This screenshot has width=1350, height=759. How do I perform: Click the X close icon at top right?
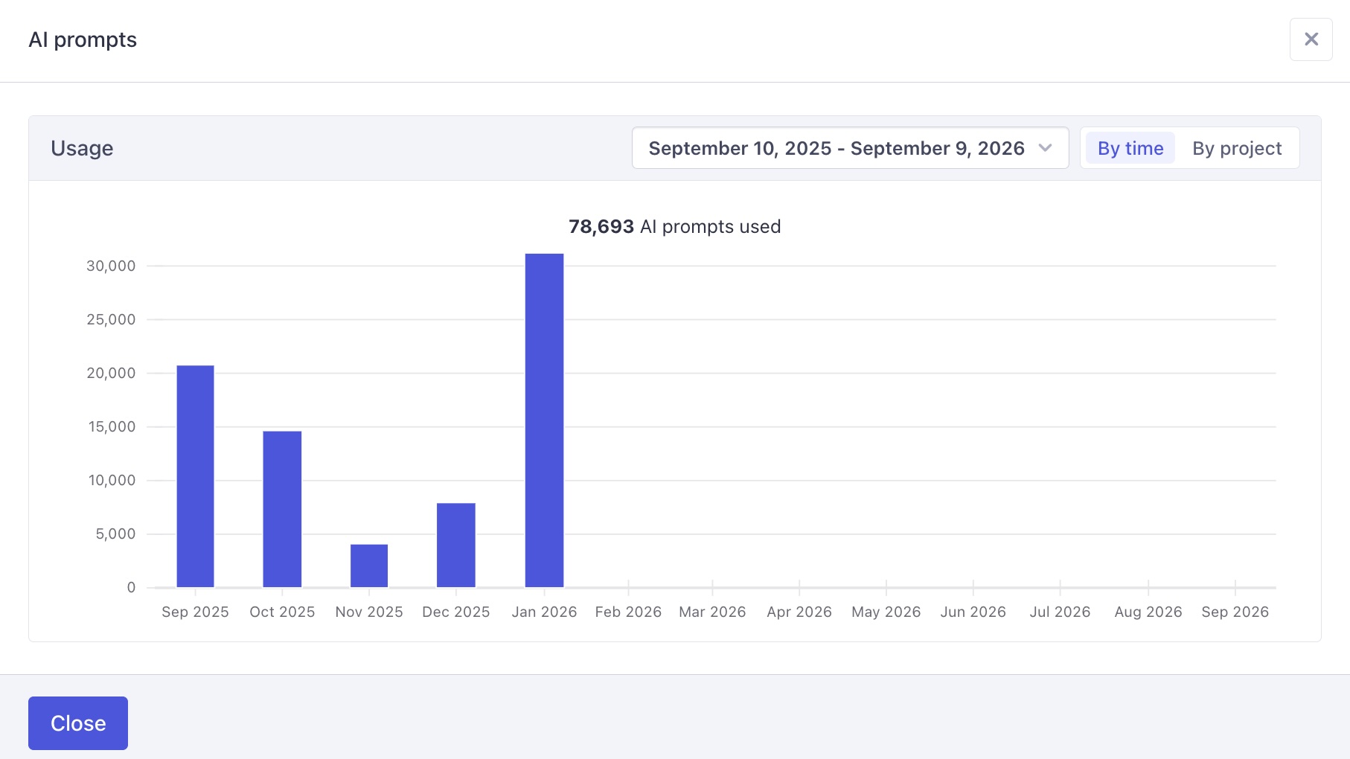click(x=1311, y=39)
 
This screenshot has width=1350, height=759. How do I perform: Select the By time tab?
click(x=1130, y=148)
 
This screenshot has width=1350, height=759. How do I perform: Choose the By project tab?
click(x=1236, y=148)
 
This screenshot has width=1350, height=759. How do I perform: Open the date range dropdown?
click(x=850, y=148)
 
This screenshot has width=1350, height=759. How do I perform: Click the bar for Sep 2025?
click(x=195, y=476)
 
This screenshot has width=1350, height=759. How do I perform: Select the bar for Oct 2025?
click(x=282, y=509)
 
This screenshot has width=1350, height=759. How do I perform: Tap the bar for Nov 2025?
click(x=369, y=566)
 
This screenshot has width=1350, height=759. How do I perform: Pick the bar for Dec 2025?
click(x=455, y=545)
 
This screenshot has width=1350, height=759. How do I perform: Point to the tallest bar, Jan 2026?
click(x=544, y=420)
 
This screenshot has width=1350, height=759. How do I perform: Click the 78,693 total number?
click(x=601, y=227)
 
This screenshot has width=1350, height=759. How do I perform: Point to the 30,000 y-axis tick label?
click(x=111, y=266)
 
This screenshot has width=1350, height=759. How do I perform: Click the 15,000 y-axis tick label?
click(x=112, y=427)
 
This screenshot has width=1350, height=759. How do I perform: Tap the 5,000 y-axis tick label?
click(x=115, y=534)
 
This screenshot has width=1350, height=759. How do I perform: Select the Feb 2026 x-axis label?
click(x=628, y=612)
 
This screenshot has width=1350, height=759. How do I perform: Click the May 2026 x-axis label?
click(x=886, y=612)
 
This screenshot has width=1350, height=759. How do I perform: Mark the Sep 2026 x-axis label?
click(x=1235, y=612)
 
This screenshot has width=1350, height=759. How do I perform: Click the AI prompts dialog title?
click(x=83, y=39)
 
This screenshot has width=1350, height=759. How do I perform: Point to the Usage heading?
click(x=82, y=148)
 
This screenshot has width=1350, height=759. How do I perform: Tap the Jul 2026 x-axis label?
click(x=1060, y=612)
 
